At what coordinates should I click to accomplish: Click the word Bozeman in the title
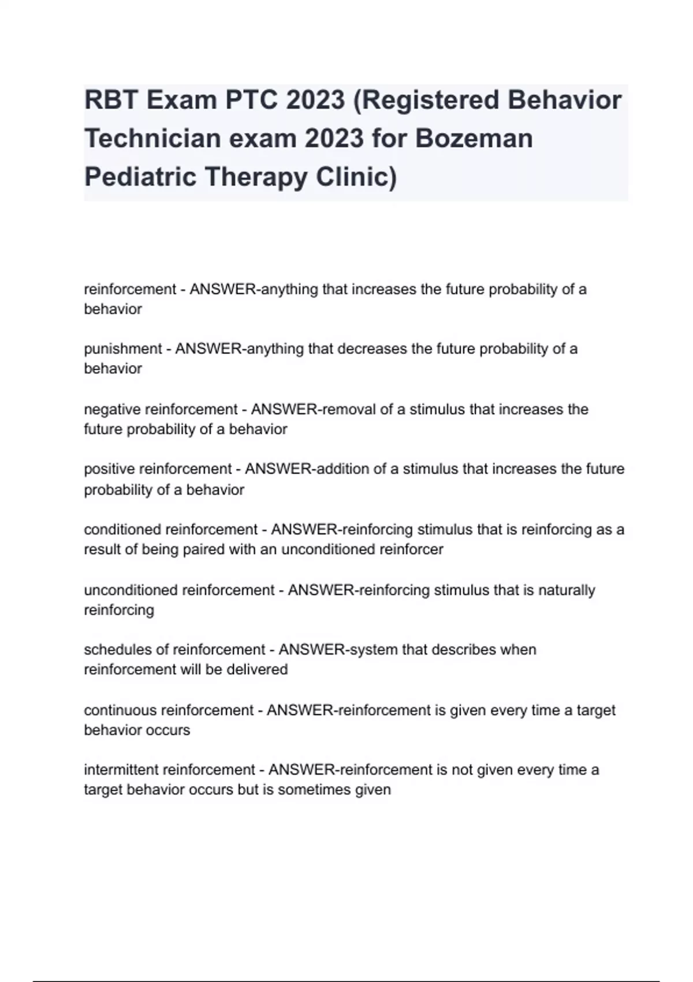(474, 139)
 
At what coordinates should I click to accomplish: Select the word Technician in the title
(152, 139)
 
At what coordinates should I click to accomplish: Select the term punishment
(123, 349)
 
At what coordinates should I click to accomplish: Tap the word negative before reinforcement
(112, 410)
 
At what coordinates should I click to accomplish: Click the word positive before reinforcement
(110, 469)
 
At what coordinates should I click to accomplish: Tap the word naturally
(567, 590)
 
